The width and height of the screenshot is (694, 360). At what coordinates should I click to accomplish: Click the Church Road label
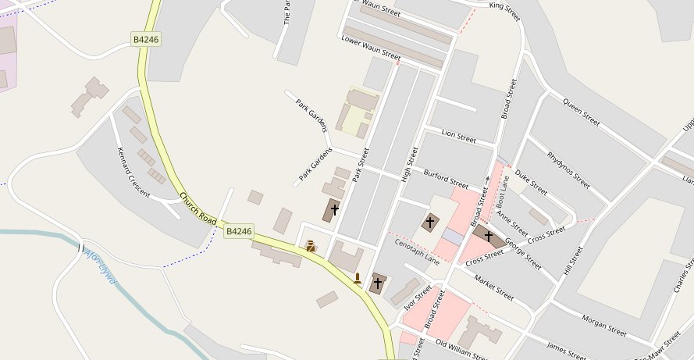pos(198,209)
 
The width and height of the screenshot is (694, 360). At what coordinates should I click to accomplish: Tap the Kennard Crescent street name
pos(133,172)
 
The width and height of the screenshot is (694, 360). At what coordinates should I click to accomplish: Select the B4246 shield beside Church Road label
pos(240,231)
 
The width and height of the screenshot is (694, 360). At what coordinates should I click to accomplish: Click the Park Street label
pos(360,165)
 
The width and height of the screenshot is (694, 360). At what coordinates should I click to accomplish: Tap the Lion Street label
pos(458,137)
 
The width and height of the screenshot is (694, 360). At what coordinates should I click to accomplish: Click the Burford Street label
pos(445,179)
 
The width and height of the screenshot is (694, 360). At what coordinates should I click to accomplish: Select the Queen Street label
pos(581,112)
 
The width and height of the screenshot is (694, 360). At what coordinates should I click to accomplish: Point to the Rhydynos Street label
pos(568,169)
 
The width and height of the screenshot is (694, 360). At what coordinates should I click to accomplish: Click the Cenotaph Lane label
pos(417,251)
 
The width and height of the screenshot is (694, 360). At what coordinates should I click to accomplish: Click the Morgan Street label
pos(604,325)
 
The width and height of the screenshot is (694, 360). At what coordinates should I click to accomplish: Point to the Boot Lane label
pos(504,191)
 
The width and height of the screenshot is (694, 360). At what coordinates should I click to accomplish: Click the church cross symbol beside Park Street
pos(334,209)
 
